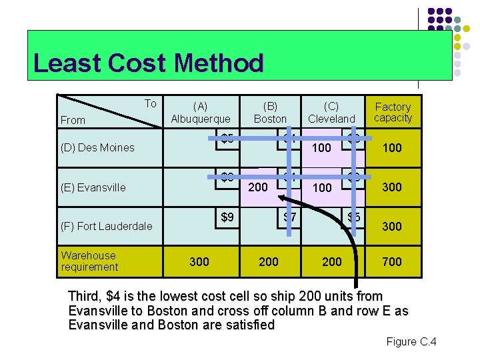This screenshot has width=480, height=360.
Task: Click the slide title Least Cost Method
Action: (148, 63)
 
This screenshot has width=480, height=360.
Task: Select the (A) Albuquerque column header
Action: (200, 112)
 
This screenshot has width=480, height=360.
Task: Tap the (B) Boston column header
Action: (270, 112)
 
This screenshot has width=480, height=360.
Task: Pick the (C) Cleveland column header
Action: (331, 112)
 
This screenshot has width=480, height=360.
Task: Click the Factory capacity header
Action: (393, 112)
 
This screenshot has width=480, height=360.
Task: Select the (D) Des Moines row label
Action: (97, 147)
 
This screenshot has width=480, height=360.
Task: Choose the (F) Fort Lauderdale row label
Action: (106, 226)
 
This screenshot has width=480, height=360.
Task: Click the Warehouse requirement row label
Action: (89, 261)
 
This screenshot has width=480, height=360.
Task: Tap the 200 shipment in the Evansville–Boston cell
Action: (258, 187)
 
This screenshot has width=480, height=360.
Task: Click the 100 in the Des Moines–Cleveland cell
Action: (322, 147)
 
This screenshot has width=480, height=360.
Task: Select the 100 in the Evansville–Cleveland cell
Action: (322, 187)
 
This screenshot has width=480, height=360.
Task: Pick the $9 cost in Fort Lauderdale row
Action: (227, 217)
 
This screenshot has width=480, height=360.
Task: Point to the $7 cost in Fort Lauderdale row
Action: (290, 217)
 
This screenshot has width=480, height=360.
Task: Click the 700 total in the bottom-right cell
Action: (392, 262)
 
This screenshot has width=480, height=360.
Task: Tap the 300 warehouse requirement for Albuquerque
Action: (199, 262)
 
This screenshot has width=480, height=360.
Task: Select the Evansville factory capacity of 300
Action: (392, 187)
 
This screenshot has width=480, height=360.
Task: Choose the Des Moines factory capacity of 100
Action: (392, 147)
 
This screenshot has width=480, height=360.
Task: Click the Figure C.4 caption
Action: (411, 342)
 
